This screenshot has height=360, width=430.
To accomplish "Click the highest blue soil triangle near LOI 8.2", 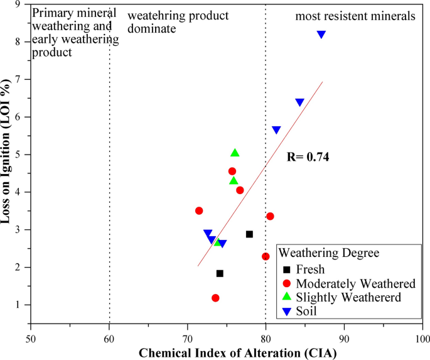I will (x=321, y=35).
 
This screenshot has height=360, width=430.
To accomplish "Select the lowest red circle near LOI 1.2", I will (x=215, y=298).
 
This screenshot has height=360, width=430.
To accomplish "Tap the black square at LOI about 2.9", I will (x=249, y=234).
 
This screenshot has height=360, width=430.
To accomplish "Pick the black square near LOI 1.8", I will (x=220, y=273).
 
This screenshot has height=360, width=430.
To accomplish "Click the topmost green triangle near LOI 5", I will (x=235, y=153).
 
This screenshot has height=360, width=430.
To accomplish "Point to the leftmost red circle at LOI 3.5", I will (x=199, y=211).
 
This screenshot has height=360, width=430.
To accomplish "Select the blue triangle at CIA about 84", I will (x=299, y=102).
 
